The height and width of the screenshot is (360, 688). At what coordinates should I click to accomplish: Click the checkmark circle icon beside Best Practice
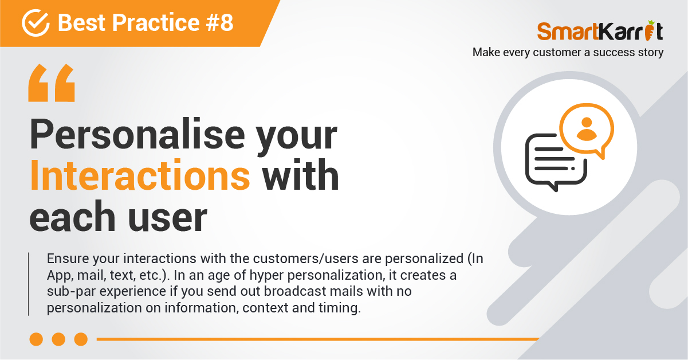[x=36, y=23]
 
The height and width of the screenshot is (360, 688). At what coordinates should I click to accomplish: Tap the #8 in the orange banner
[x=220, y=23]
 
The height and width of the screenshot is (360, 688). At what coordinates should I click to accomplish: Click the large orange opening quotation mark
[x=52, y=83]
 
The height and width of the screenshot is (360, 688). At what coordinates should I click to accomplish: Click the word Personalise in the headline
[x=137, y=134]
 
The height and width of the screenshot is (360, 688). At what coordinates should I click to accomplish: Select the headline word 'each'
[x=72, y=216]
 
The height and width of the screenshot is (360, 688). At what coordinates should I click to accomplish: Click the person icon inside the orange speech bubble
[x=587, y=129]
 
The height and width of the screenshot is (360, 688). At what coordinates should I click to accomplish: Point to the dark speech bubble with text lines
[x=556, y=162]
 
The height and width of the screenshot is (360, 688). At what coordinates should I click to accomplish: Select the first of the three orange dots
[x=36, y=339]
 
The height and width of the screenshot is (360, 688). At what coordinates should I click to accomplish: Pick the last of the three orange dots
[x=81, y=339]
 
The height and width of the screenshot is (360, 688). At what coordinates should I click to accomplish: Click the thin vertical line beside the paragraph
[x=29, y=284]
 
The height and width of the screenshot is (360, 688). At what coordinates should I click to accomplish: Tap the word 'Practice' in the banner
[x=156, y=23]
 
